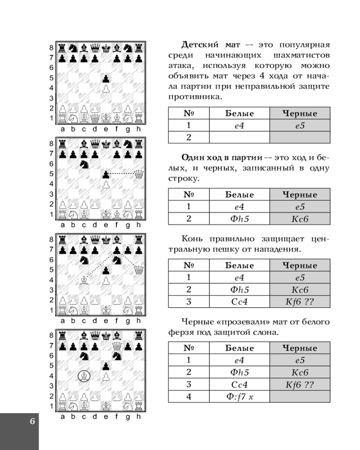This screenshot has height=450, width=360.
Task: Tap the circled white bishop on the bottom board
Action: click(x=84, y=375)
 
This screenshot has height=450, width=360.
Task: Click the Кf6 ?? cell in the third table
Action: click(x=300, y=301)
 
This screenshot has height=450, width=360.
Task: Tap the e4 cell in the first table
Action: click(x=239, y=126)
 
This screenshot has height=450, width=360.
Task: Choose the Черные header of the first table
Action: click(x=300, y=114)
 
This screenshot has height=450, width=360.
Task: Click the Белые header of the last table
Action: click(x=239, y=348)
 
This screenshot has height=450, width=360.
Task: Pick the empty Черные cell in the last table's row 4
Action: click(x=300, y=396)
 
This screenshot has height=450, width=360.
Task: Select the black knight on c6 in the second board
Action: click(x=84, y=164)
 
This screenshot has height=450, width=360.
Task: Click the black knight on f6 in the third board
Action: click(x=117, y=259)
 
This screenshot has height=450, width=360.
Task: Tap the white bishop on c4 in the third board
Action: click(x=84, y=280)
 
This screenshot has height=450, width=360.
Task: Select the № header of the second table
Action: click(x=189, y=195)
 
